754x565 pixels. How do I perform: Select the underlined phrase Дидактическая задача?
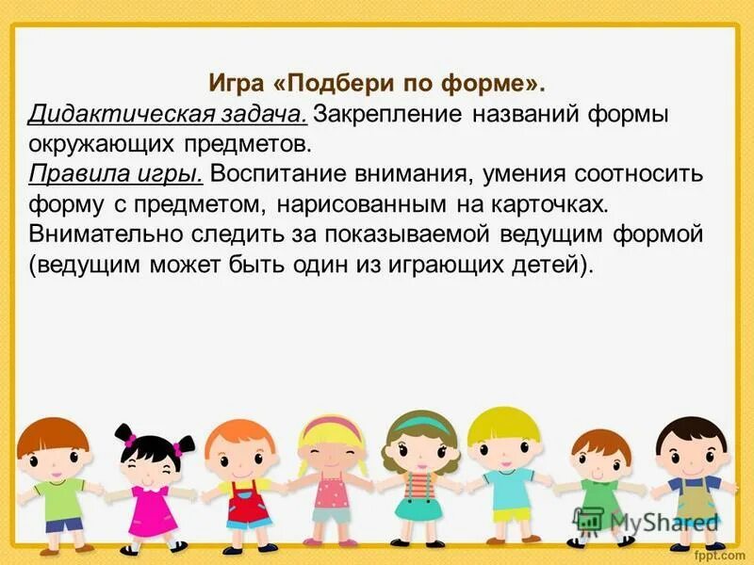pyautogui.click(x=167, y=115)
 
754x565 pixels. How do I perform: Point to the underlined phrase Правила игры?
pyautogui.click(x=116, y=174)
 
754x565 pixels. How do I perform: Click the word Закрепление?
pyautogui.click(x=386, y=115)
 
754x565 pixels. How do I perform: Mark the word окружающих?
pyautogui.click(x=110, y=145)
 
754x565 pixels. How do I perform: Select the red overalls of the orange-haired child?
pyautogui.click(x=245, y=504)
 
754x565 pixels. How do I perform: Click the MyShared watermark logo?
pyautogui.click(x=647, y=521)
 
